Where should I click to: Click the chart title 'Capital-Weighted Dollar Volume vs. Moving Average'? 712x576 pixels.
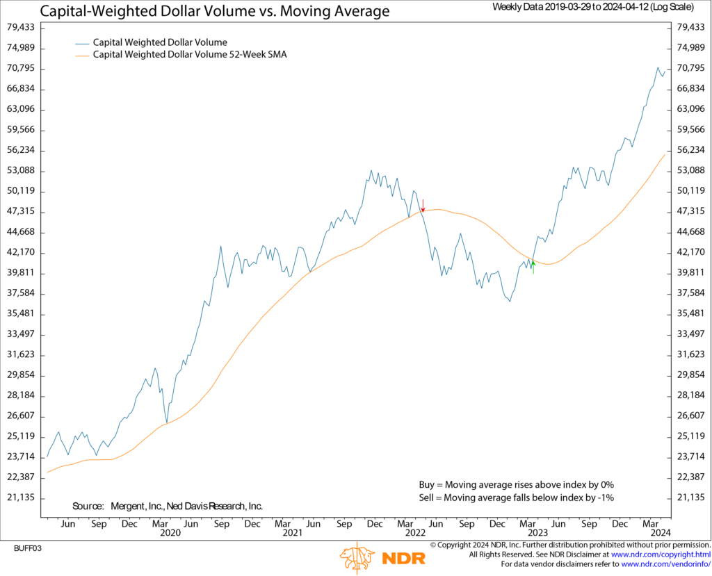click(215, 11)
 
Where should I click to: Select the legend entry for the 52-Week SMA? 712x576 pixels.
click(190, 54)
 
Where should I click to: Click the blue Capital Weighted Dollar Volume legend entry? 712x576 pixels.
click(160, 42)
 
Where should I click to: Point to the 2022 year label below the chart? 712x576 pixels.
click(414, 533)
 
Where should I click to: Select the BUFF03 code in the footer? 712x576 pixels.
click(28, 548)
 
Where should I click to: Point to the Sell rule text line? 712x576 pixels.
click(516, 497)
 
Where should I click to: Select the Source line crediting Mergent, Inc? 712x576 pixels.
click(167, 506)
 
